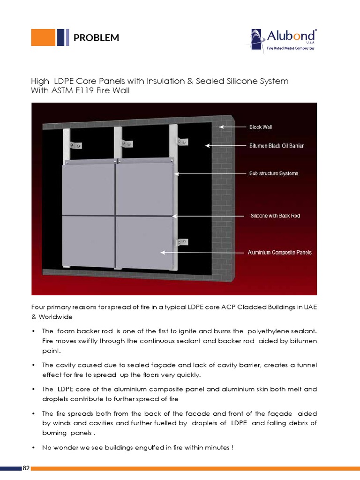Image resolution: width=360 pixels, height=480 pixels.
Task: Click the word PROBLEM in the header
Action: (x=96, y=38)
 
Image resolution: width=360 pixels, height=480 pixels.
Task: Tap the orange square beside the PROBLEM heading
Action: (x=43, y=37)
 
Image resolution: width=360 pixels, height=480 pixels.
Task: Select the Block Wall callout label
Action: (x=261, y=127)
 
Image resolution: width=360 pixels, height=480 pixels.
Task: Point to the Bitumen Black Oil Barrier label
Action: (x=276, y=146)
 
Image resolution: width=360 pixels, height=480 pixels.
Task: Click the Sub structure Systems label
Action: (x=273, y=173)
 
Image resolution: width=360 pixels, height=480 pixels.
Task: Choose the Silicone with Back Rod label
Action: (x=275, y=216)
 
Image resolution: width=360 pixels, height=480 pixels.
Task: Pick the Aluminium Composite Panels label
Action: (x=279, y=253)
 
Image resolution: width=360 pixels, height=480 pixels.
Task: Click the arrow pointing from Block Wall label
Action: (x=232, y=127)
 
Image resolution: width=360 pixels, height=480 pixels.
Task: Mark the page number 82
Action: (x=26, y=468)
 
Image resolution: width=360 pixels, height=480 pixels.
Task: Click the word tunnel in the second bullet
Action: (x=306, y=365)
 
